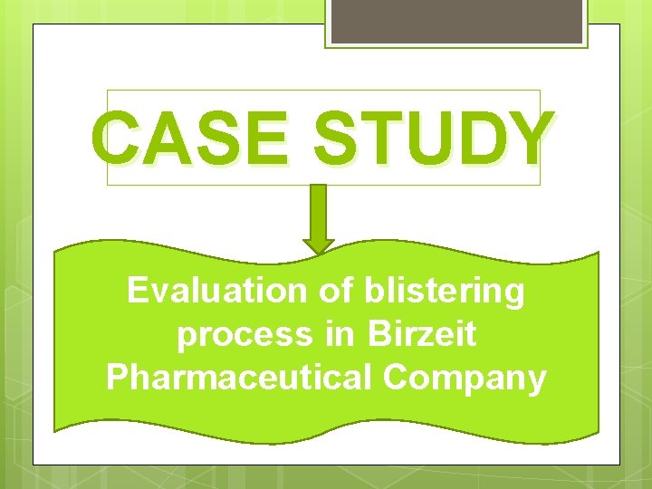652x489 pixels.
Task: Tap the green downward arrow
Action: point(318,217)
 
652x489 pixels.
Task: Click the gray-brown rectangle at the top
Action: point(455,20)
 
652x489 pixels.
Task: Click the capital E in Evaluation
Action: point(137,291)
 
